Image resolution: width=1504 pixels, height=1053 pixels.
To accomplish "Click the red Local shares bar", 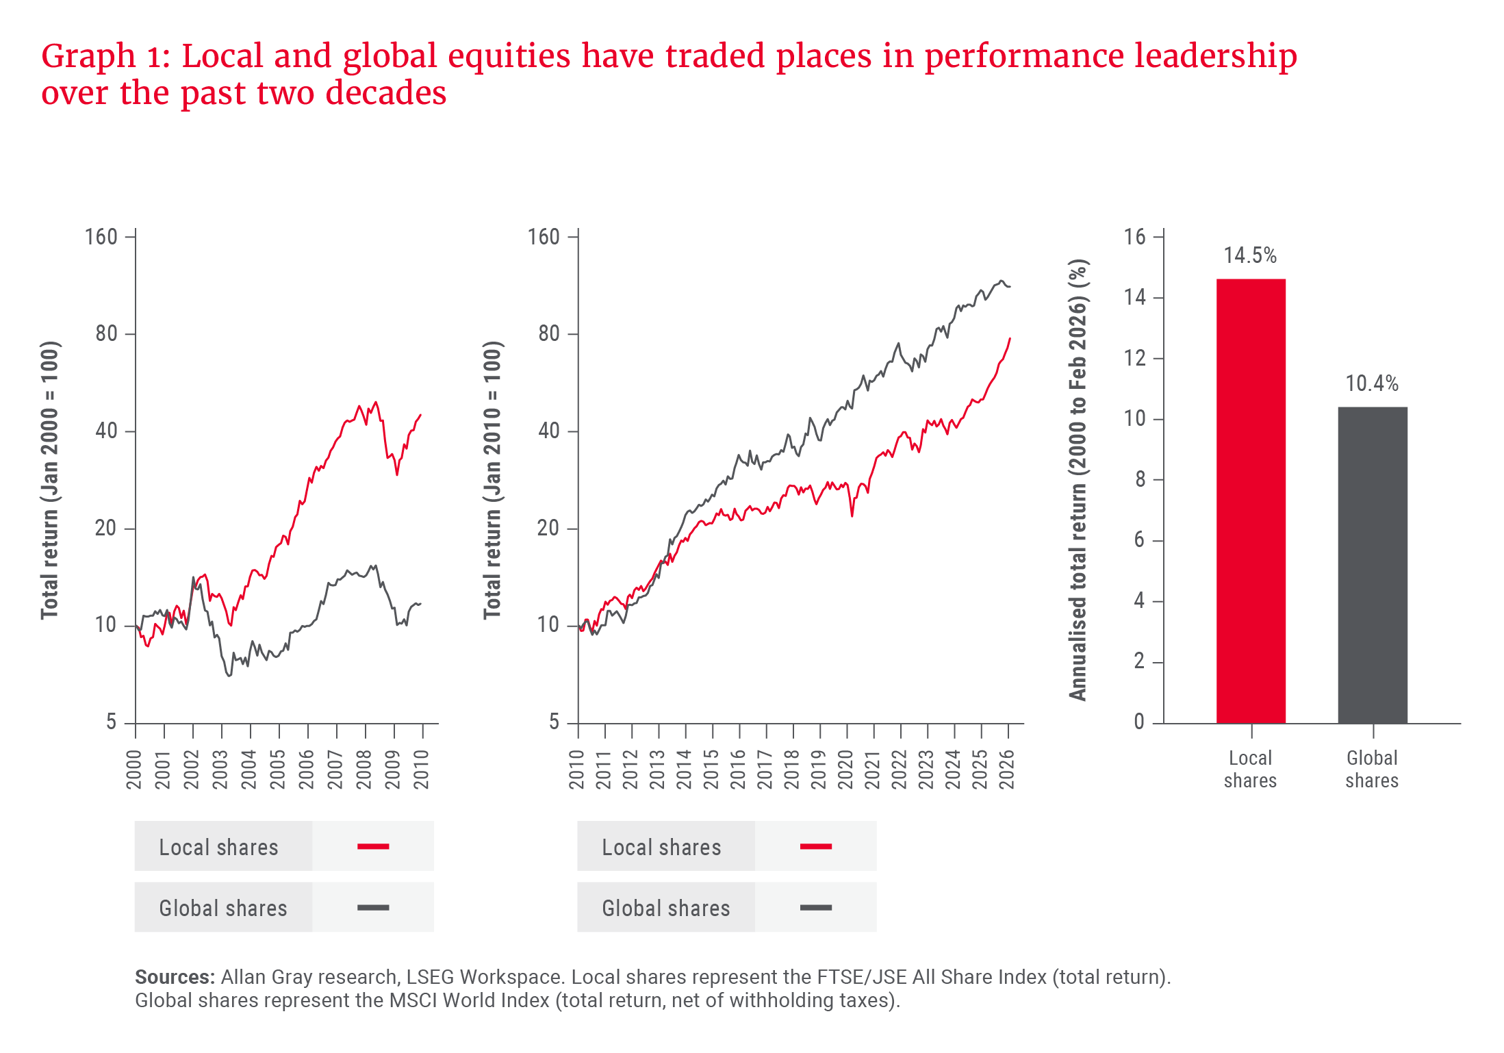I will point(1251,500).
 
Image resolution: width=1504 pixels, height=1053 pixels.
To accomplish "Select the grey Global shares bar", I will point(1372,565).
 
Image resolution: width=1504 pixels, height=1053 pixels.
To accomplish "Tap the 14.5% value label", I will point(1250,256).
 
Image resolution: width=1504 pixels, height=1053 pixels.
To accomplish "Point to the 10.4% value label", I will point(1372,383).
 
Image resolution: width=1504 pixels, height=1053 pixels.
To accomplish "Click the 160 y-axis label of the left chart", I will point(101,238).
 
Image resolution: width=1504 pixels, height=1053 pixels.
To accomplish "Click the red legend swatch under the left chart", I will point(373,846).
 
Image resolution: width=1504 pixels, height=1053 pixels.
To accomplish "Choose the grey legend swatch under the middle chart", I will point(815,908).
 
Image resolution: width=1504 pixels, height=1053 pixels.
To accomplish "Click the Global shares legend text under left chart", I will point(223,908).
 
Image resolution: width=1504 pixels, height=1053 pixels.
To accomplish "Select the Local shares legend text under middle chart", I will point(661,847).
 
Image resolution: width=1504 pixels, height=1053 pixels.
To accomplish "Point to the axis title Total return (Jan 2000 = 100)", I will point(49,479).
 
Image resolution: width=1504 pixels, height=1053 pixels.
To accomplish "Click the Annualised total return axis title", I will point(1078,479).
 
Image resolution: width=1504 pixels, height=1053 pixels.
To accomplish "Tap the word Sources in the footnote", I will point(174,977).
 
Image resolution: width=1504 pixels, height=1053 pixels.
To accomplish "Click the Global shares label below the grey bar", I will point(1372,769).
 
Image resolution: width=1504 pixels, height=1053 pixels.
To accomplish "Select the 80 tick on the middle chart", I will point(549,334).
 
